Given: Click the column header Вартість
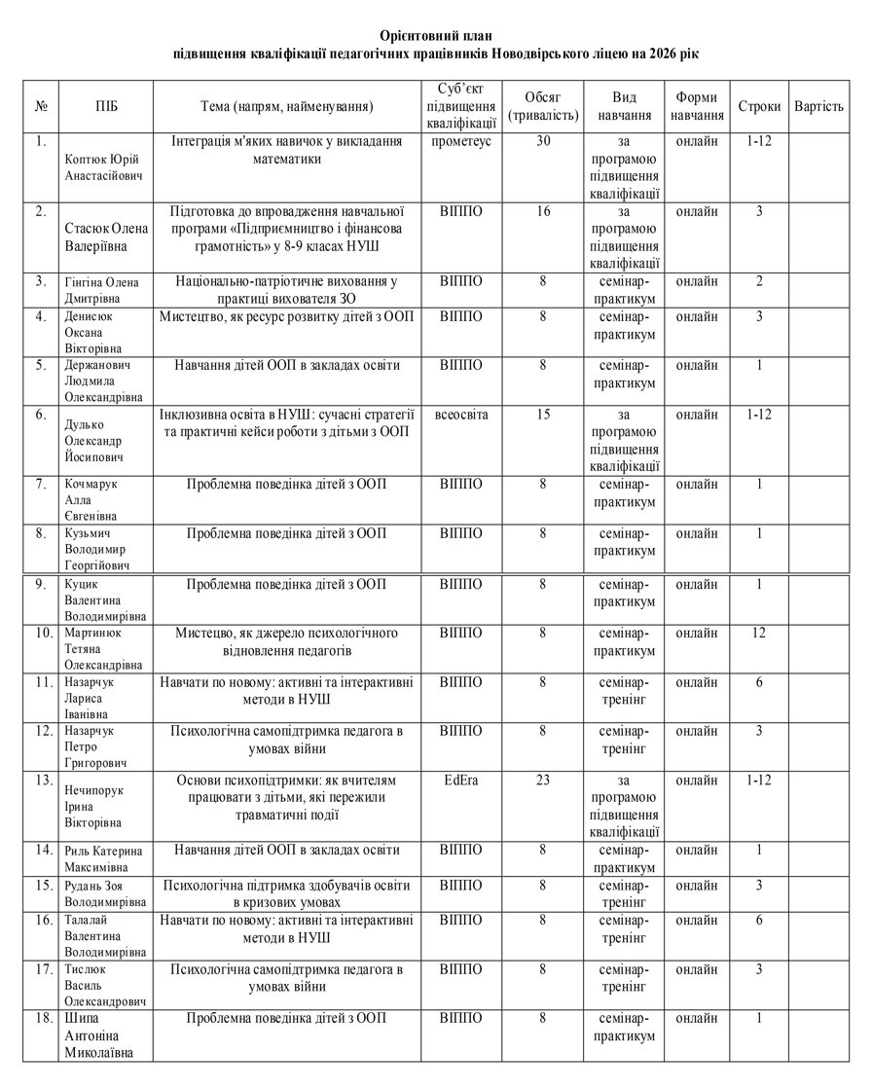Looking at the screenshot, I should tap(818, 105).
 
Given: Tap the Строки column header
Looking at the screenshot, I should tap(759, 105).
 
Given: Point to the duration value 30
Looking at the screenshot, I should tap(544, 141).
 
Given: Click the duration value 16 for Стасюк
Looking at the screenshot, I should tap(544, 211).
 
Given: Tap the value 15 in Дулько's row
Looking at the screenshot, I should tap(544, 415).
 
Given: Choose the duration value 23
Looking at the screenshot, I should tap(544, 781).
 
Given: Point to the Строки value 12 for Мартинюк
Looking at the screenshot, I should tap(759, 634).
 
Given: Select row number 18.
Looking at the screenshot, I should tap(42, 1018).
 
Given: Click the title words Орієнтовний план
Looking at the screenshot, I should tap(435, 36).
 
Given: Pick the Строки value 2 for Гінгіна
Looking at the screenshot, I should tap(759, 282).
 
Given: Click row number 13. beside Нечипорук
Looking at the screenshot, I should tap(42, 781).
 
